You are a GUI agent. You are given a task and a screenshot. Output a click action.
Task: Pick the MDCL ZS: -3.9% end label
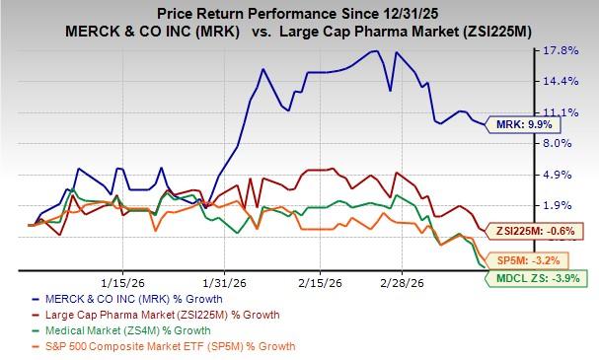pyautogui.click(x=539, y=278)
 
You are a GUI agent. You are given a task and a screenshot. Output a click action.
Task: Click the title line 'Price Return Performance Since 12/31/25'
pyautogui.click(x=298, y=11)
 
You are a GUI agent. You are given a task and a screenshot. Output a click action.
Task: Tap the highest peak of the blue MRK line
pyautogui.click(x=375, y=51)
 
